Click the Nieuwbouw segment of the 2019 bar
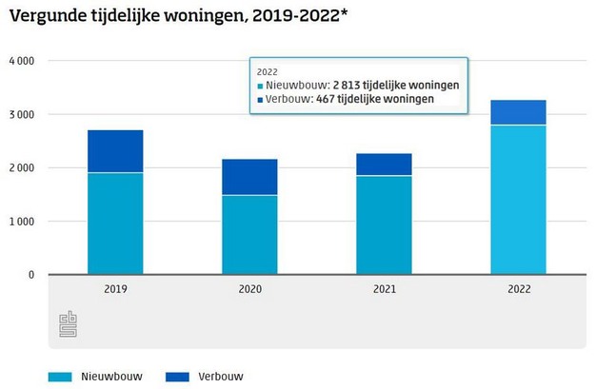[x=115, y=224]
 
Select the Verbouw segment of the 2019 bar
[x=115, y=151]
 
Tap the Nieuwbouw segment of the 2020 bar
[x=250, y=234]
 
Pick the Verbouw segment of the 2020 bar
[x=250, y=177]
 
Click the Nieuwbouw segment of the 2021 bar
[x=385, y=224]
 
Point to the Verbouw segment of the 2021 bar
[x=385, y=165]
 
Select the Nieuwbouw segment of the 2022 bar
[x=519, y=200]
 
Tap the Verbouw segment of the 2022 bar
[x=519, y=112]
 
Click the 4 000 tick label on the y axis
[x=20, y=61]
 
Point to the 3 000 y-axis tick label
[x=20, y=114]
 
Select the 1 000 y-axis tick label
[x=20, y=222]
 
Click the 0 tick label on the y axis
[x=30, y=275]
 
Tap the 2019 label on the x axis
[x=115, y=288]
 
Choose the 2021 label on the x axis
[x=385, y=288]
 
